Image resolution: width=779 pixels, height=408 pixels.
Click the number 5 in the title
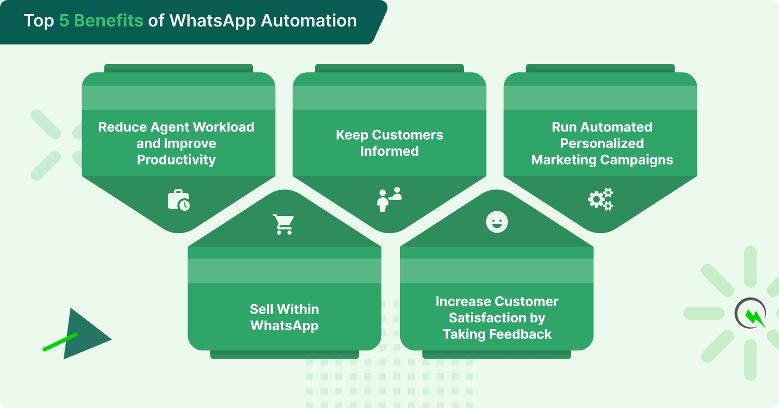[x=64, y=21]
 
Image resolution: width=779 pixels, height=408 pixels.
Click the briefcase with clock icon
[x=179, y=200]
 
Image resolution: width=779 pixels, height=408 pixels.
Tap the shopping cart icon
[x=284, y=224]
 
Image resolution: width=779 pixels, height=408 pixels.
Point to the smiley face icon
[x=496, y=222]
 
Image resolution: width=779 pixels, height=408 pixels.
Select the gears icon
[x=600, y=199]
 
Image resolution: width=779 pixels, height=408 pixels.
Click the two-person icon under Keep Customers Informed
[x=389, y=199]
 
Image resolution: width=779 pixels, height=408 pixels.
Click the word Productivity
[x=176, y=160]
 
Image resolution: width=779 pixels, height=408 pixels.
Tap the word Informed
[x=389, y=152]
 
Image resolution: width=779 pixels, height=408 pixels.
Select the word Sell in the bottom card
[x=261, y=309]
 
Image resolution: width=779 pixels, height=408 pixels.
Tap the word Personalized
[x=602, y=143]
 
